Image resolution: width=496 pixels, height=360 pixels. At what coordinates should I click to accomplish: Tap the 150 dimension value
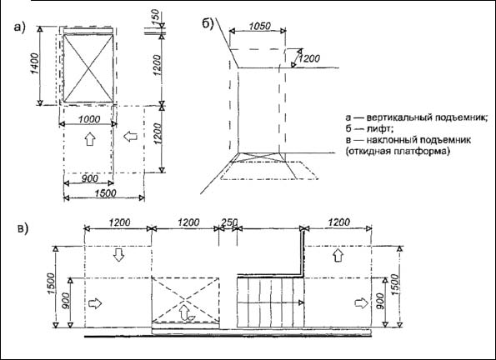click(155, 17)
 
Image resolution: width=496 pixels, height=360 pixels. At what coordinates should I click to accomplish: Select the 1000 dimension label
click(89, 119)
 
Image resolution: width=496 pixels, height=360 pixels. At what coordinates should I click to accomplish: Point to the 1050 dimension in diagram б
click(260, 26)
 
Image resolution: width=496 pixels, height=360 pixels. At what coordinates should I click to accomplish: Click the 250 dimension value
click(229, 222)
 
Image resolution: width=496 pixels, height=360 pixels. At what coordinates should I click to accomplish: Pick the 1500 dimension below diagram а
click(105, 193)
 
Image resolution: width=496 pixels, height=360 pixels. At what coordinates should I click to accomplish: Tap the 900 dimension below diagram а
click(89, 178)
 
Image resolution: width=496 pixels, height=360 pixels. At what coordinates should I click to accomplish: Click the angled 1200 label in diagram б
click(308, 58)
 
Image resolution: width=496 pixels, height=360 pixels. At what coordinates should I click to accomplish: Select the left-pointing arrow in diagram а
click(130, 137)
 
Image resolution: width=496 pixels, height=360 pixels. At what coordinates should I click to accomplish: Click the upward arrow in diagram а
click(90, 139)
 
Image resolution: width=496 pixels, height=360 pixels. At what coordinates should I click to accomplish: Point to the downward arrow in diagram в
click(118, 255)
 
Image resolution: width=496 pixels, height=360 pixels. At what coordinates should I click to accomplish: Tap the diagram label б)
click(208, 23)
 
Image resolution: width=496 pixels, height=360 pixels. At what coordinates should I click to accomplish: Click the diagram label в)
click(23, 228)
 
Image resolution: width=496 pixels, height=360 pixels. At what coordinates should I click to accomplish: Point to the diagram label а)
click(19, 27)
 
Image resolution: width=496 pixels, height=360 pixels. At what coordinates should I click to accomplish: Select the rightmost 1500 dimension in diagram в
click(395, 285)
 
